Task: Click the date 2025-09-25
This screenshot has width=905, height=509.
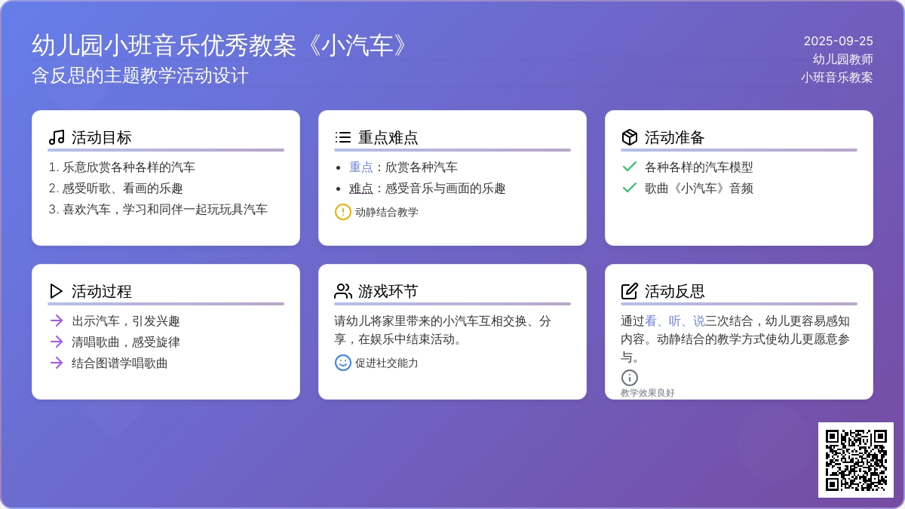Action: (838, 41)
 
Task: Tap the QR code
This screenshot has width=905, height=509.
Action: (856, 460)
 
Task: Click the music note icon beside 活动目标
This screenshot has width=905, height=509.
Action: (57, 137)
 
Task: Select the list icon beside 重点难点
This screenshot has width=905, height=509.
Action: (342, 137)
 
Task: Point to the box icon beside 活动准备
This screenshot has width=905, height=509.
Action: (630, 137)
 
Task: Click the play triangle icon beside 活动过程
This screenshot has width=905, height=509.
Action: (56, 291)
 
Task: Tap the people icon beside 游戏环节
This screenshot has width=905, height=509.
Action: (343, 291)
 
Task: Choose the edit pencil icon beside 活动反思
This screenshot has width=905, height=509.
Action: (630, 291)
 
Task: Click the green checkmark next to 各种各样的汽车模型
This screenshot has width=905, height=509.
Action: (630, 167)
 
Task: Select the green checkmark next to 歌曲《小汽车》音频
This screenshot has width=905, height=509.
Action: (630, 188)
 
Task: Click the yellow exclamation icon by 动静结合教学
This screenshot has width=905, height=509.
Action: (342, 212)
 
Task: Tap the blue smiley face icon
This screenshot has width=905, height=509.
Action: (342, 363)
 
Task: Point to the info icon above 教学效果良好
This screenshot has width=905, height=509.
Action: (630, 378)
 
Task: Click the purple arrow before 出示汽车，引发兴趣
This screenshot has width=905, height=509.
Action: (57, 320)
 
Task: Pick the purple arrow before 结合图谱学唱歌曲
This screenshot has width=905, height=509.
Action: (57, 363)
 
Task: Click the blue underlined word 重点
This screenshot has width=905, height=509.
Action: (360, 167)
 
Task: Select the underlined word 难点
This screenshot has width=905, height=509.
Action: (360, 189)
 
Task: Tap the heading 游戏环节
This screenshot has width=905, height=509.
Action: (388, 291)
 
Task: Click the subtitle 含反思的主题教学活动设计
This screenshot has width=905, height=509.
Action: (140, 75)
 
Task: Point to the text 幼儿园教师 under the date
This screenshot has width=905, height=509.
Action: (843, 59)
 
